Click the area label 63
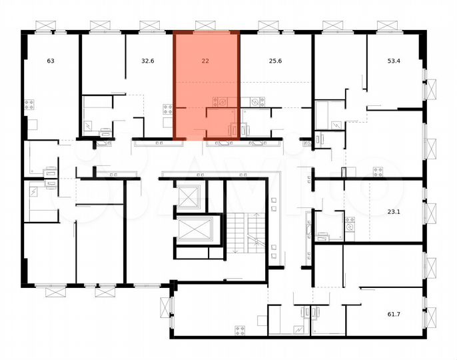coord(51,61)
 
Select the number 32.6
coord(148,61)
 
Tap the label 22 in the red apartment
coord(205,61)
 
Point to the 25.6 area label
coord(274,61)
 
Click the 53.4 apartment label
coord(394,61)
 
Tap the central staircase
coord(244,233)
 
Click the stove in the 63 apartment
coord(29,104)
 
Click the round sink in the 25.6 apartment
coord(254,101)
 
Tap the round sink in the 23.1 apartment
coord(350,227)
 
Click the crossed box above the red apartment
coord(205,25)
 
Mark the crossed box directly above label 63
coord(45,25)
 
